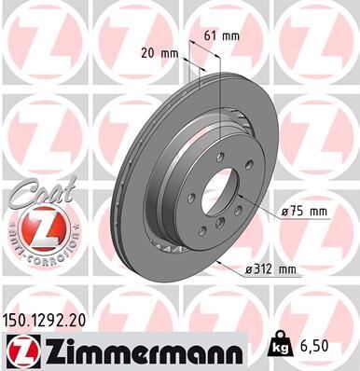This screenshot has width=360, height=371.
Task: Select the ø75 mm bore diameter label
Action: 305,212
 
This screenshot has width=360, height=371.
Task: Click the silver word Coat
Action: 33,193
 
